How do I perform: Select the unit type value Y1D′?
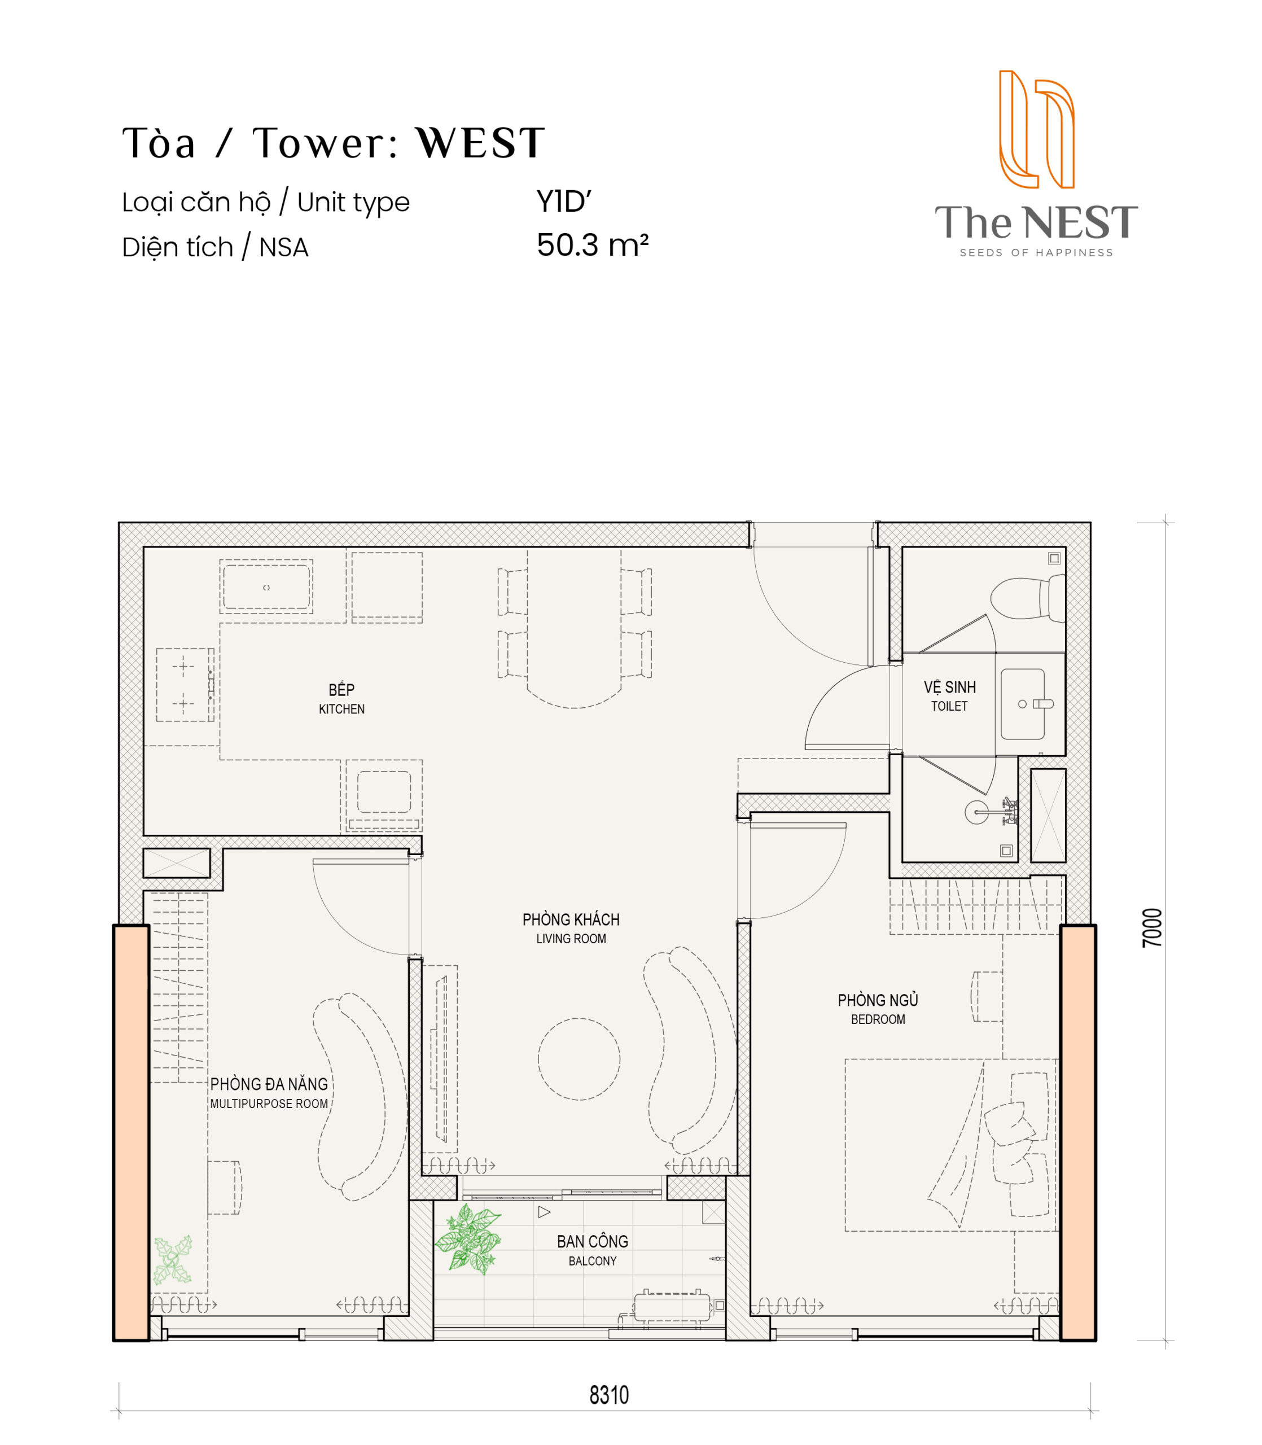click(563, 202)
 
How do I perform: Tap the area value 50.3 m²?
click(592, 245)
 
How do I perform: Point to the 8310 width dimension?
click(608, 1395)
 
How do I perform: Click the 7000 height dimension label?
click(1151, 927)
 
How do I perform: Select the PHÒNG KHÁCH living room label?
click(571, 919)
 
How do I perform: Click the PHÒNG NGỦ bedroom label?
click(878, 1001)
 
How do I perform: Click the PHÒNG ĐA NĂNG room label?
click(269, 1084)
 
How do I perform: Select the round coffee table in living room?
click(579, 1059)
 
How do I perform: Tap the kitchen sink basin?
click(266, 587)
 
